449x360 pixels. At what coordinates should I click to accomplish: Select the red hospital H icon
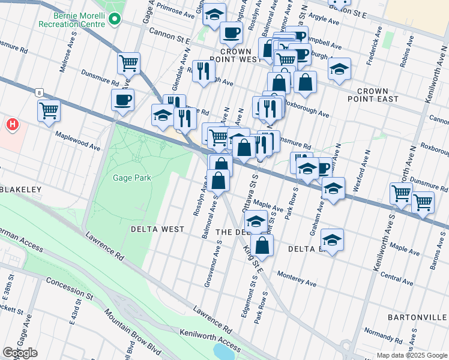11,125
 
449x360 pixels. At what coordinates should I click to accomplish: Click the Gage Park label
132,178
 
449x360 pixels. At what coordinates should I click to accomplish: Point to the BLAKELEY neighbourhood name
20,190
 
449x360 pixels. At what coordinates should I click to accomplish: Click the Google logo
20,352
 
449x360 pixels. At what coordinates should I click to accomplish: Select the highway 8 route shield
39,93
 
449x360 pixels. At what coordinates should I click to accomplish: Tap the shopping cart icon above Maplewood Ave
49,110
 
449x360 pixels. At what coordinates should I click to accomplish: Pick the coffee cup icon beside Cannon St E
231,32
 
